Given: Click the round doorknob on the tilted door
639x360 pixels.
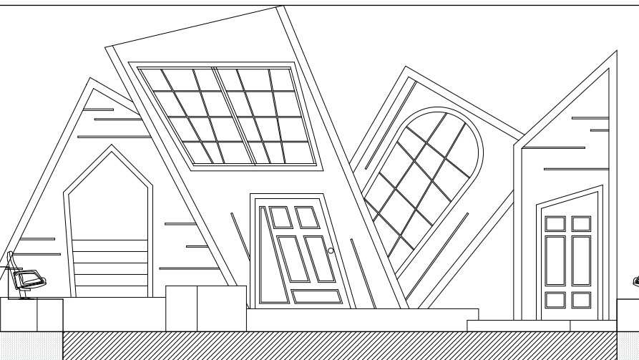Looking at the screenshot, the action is [331, 250].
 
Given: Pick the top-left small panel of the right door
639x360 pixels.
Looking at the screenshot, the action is [555, 223].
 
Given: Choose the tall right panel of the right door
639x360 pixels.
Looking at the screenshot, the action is [580, 259].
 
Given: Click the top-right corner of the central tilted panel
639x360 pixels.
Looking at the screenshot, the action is [277, 9].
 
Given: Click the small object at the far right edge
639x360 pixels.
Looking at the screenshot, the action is [635, 281].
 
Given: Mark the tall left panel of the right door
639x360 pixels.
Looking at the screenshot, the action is [555, 259].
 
